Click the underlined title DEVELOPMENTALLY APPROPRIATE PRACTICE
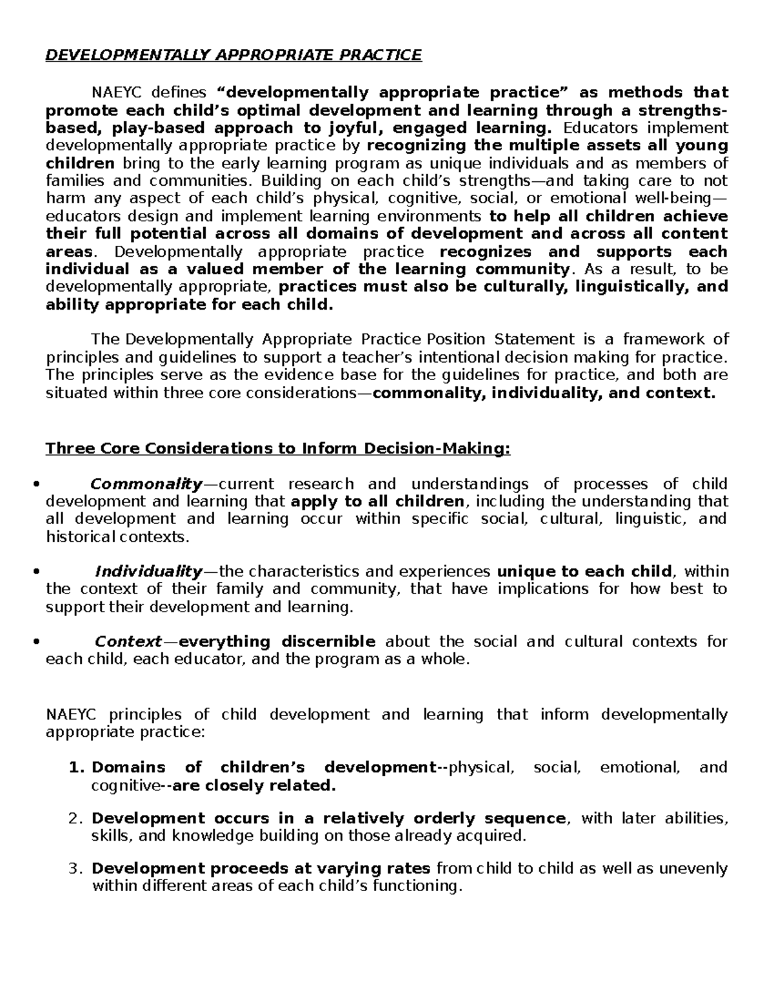[x=233, y=55]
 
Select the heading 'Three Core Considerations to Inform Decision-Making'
[x=277, y=448]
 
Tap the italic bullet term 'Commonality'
[x=146, y=484]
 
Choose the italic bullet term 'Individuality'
[x=148, y=571]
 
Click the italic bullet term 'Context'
[x=128, y=641]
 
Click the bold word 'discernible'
[x=328, y=641]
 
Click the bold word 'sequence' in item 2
[x=526, y=819]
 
